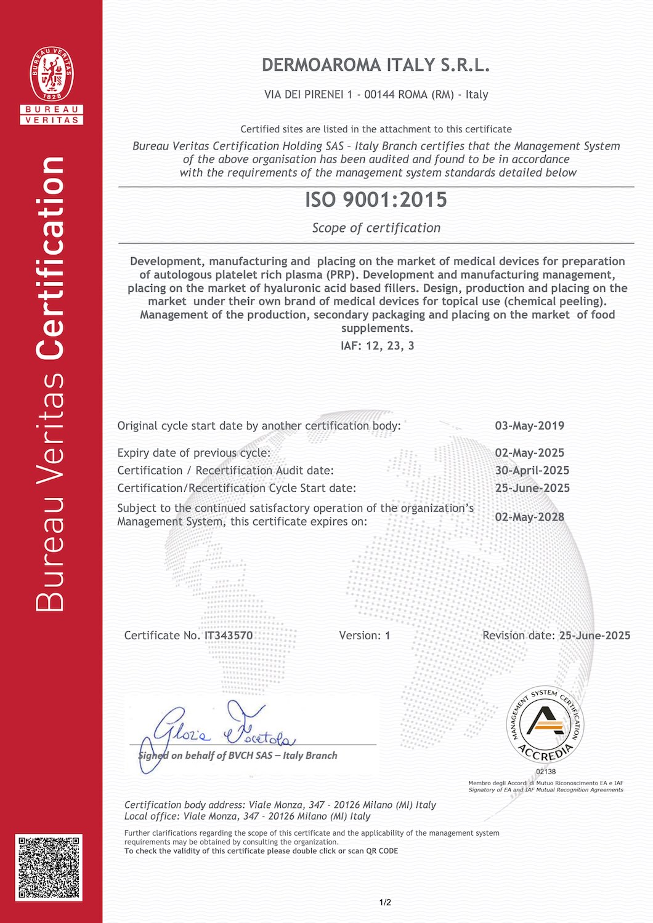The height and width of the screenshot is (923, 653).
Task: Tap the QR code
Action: click(49, 868)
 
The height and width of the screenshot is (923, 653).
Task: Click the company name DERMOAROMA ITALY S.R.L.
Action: click(376, 65)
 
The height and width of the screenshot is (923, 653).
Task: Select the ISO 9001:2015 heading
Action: click(376, 200)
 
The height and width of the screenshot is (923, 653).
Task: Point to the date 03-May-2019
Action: click(529, 426)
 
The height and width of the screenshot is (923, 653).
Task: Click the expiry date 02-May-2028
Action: click(529, 517)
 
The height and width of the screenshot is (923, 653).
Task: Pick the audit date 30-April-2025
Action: click(532, 471)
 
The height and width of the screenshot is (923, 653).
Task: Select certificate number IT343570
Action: click(229, 636)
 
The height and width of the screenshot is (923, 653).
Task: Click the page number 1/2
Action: click(385, 903)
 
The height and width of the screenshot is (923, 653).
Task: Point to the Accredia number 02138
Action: click(546, 771)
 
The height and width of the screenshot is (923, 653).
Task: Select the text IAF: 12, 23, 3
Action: click(377, 346)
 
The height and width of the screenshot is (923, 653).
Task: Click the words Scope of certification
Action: click(376, 228)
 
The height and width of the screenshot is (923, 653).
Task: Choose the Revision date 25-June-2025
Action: click(594, 636)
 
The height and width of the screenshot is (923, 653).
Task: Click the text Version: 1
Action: click(364, 636)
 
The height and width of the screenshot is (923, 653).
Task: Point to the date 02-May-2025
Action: click(529, 453)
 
